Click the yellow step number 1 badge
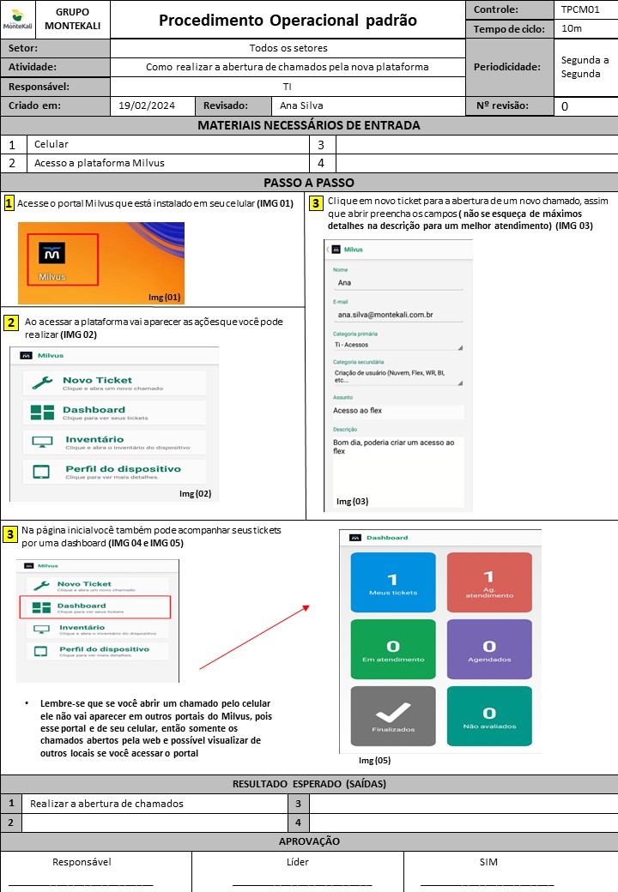coord(9,203)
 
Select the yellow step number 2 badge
coord(11,322)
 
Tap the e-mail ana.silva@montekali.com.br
coord(385,315)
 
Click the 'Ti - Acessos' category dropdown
coord(398,346)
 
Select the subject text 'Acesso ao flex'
coord(359,411)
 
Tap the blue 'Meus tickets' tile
coord(393,582)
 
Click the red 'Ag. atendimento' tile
coord(489,582)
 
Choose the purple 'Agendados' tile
coord(489,649)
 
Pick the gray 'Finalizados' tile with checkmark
coord(393,716)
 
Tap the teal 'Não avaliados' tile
coord(489,716)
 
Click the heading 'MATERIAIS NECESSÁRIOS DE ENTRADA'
coord(309,125)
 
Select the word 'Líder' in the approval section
coord(297,862)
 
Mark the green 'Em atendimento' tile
coord(393,649)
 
